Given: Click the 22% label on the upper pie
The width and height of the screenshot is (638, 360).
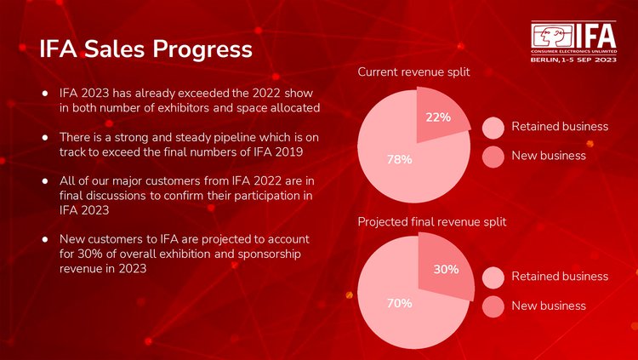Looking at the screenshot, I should coord(438,117).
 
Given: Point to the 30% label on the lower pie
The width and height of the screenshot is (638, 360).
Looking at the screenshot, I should coord(447,269).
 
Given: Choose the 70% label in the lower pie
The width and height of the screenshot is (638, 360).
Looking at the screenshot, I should coord(400,302).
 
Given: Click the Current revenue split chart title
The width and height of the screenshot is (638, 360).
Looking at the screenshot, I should coord(413,73).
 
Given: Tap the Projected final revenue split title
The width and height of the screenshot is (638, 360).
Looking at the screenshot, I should coord(432,221).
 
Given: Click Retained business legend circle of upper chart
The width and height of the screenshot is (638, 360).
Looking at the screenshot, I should coord(493,128).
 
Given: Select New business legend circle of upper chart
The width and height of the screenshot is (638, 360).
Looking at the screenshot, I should coord(493,157).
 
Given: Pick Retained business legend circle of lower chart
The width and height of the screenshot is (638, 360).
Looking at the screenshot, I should coord(493,277).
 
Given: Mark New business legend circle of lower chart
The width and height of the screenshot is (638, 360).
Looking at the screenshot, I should coord(493,306).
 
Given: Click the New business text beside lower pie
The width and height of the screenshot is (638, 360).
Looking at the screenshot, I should coord(549,306).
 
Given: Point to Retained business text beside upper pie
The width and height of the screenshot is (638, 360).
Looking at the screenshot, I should coord(560,127).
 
